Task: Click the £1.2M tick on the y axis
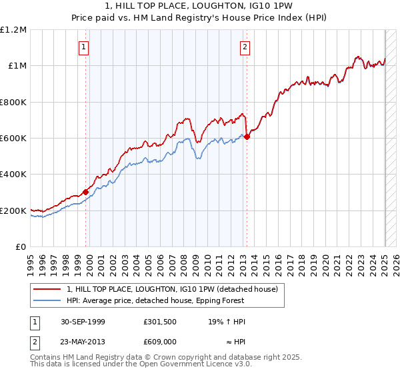13,30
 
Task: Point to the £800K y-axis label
13,103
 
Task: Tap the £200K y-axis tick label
13,211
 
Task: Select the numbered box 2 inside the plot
245,47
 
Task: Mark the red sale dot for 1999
85,192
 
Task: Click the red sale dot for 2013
247,137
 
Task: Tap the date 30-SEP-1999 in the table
83,322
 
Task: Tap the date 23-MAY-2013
83,340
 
